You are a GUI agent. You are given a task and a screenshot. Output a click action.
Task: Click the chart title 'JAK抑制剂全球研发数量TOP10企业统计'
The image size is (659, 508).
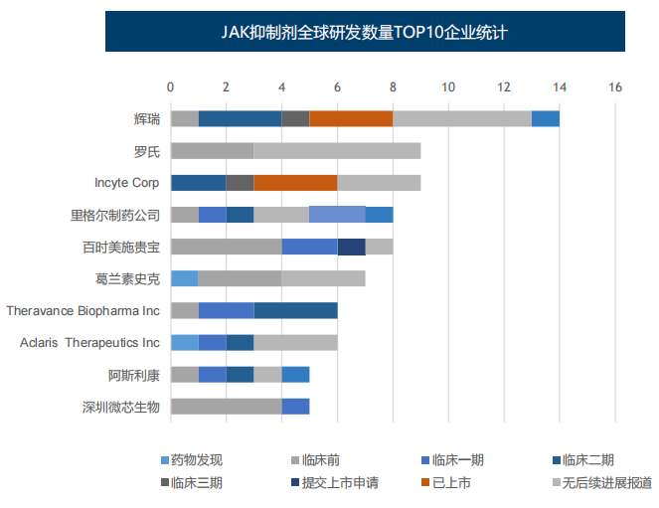pyautogui.click(x=365, y=33)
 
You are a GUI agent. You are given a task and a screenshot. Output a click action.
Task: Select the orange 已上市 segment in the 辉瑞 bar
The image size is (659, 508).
pyautogui.click(x=351, y=119)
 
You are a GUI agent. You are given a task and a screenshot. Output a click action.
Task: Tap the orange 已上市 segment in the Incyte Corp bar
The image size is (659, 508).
pyautogui.click(x=295, y=183)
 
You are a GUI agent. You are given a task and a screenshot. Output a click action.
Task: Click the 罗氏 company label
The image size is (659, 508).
pyautogui.click(x=146, y=151)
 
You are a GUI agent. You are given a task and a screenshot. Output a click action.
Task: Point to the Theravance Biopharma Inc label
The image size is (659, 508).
pyautogui.click(x=82, y=310)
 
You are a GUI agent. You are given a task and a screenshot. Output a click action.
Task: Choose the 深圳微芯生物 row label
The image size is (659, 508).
pyautogui.click(x=120, y=406)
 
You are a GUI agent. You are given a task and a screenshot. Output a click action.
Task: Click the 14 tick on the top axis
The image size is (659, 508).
pyautogui.click(x=560, y=87)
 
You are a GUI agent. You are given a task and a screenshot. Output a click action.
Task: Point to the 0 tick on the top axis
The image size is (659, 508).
pyautogui.click(x=171, y=87)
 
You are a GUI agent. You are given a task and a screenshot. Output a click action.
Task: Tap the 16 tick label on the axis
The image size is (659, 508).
pyautogui.click(x=615, y=87)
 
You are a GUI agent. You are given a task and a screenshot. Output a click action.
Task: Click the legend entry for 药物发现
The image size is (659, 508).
pyautogui.click(x=196, y=459)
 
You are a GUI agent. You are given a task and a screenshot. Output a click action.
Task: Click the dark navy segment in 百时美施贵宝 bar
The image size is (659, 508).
pyautogui.click(x=351, y=247)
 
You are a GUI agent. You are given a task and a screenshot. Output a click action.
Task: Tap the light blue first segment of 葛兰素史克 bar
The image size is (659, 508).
pyautogui.click(x=184, y=278)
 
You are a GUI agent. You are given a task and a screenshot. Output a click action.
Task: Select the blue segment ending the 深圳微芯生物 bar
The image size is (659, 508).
pyautogui.click(x=295, y=406)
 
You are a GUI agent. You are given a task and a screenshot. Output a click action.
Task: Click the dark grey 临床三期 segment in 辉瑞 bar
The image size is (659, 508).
pyautogui.click(x=295, y=119)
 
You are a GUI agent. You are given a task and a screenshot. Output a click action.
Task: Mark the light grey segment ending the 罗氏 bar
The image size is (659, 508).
pyautogui.click(x=337, y=151)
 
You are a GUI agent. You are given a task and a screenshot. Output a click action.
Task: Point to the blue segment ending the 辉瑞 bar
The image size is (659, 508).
pyautogui.click(x=546, y=119)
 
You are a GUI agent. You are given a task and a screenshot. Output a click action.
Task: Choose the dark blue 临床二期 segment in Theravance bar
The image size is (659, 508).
pyautogui.click(x=295, y=310)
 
